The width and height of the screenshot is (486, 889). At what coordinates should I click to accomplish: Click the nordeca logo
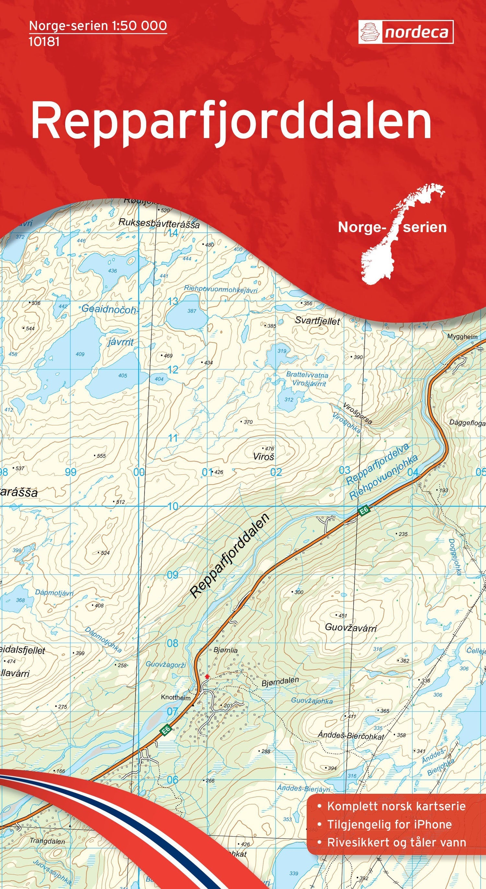click(406, 32)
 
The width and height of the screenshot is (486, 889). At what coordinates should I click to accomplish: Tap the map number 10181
click(44, 42)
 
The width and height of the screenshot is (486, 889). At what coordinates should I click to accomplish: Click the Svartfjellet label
click(317, 321)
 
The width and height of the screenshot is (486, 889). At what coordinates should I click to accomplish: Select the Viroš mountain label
click(263, 457)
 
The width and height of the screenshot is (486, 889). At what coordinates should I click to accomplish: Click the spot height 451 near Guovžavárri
click(342, 615)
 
